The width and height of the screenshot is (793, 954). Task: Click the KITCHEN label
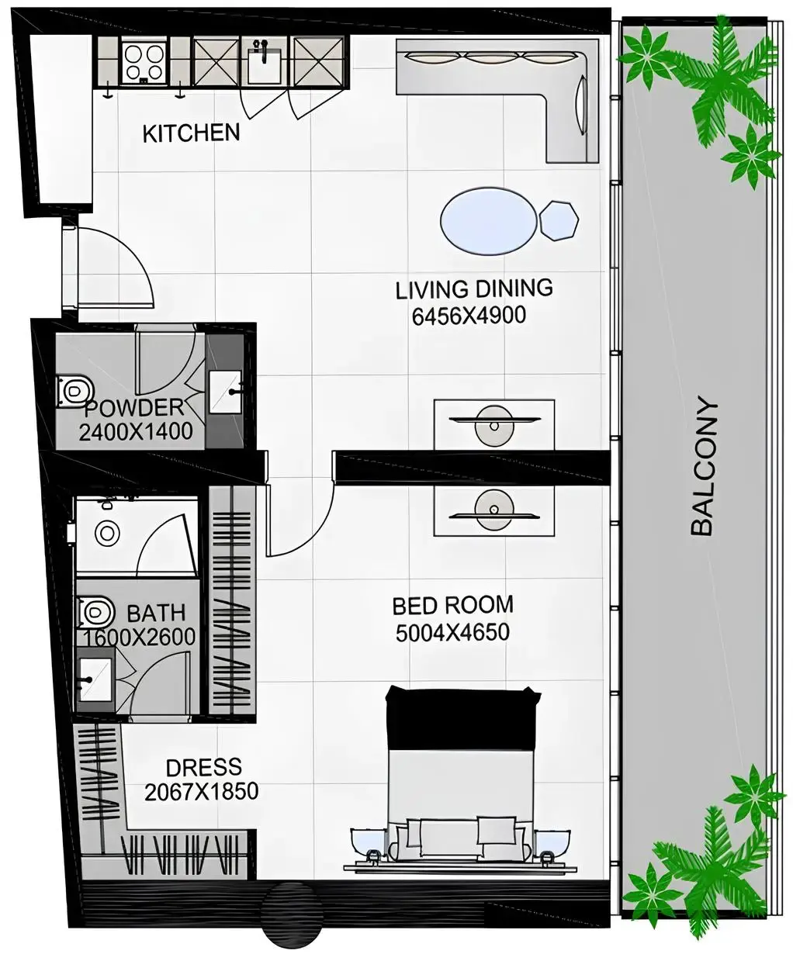[x=191, y=133]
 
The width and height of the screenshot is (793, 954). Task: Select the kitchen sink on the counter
[x=264, y=62]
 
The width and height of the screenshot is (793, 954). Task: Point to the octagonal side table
[x=559, y=220]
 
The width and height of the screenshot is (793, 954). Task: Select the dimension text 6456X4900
[x=469, y=316]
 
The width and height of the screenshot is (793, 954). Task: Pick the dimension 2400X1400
[x=136, y=432]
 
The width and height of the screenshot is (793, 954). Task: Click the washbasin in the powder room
[x=226, y=392]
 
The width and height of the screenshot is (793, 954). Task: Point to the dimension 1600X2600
[x=140, y=638]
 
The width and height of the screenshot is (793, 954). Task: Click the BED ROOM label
[x=452, y=605]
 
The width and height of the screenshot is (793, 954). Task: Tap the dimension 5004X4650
[x=452, y=632]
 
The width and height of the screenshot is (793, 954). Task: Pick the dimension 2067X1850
[x=201, y=792]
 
